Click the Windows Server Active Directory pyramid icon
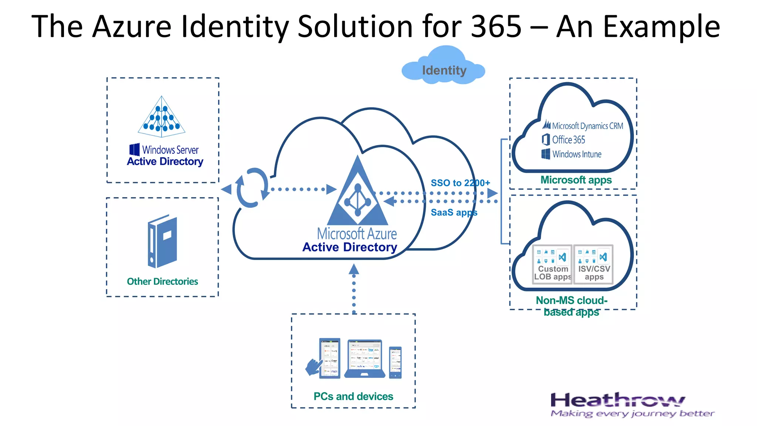[x=162, y=116]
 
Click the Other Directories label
[x=162, y=281]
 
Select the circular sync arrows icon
[x=252, y=187]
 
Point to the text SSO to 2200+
[x=460, y=183]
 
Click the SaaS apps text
[x=454, y=213]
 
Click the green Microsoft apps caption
[x=576, y=180]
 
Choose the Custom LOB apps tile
[x=552, y=264]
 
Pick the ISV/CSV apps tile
[x=594, y=264]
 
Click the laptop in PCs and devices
[x=364, y=359]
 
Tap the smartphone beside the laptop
[x=395, y=362]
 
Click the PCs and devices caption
[x=353, y=396]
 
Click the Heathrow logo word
[x=617, y=400]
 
